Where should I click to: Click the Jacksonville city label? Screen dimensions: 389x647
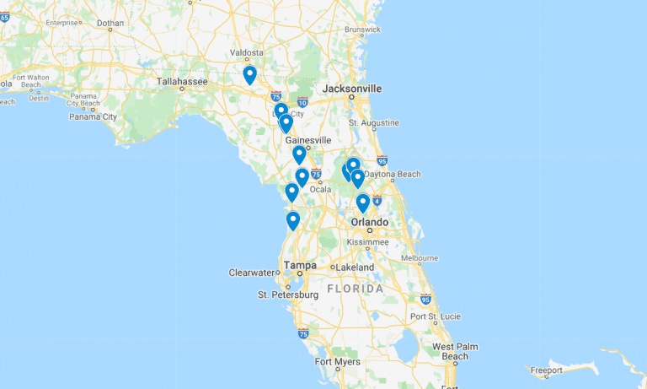point(352,88)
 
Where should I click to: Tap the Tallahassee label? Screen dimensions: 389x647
point(182,82)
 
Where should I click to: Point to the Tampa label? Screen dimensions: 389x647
point(300,265)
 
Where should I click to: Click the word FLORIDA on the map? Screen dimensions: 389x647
point(355,289)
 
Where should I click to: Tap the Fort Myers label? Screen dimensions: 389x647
point(338,362)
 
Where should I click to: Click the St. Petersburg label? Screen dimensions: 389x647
point(288,294)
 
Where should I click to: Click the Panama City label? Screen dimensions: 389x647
point(94,116)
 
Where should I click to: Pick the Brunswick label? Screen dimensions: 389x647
point(362,30)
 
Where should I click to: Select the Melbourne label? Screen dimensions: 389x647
point(420,257)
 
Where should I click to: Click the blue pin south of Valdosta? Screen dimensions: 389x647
point(249,75)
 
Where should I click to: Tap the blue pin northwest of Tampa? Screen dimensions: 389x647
point(293,220)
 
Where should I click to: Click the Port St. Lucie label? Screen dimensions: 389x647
point(436,316)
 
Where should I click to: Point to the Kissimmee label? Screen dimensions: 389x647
point(368,241)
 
